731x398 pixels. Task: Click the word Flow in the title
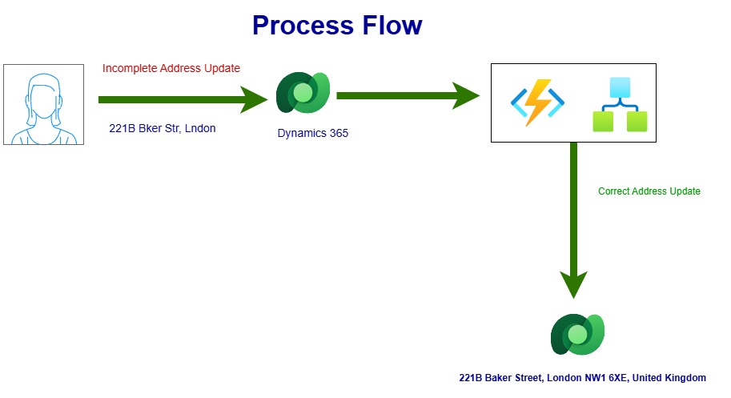392,25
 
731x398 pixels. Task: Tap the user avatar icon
44,104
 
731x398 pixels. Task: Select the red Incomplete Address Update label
171,68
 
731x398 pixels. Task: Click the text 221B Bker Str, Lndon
163,128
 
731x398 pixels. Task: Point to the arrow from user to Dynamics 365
183,99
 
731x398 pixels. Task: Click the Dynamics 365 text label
313,133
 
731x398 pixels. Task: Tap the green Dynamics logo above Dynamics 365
303,92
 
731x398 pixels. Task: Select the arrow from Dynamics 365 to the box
408,95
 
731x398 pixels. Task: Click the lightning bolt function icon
537,103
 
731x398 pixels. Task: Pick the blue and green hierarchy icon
620,104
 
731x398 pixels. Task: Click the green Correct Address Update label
649,191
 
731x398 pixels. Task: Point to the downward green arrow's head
573,284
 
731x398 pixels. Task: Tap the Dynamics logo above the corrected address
577,334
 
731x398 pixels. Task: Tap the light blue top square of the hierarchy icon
620,87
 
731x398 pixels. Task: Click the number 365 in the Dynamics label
339,133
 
